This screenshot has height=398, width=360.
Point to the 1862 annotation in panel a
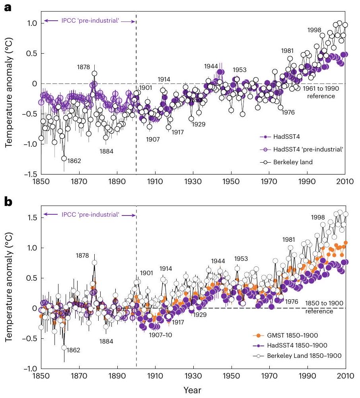coord(74,161)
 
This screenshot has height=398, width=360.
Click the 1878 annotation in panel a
coord(84,67)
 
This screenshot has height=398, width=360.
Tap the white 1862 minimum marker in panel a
coord(64,158)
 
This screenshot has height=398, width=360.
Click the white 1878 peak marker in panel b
coord(94,263)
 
